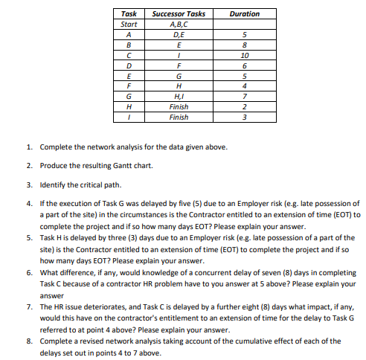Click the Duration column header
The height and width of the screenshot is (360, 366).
pyautogui.click(x=245, y=13)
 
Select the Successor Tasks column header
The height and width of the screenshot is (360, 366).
pyautogui.click(x=179, y=13)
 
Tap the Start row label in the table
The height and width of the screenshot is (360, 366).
pyautogui.click(x=129, y=24)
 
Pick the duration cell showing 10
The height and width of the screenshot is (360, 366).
pyautogui.click(x=245, y=54)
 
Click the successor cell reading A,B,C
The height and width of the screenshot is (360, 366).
pyautogui.click(x=179, y=24)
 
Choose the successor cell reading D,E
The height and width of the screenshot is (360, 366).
pyautogui.click(x=179, y=33)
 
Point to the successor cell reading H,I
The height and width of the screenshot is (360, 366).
pyautogui.click(x=179, y=96)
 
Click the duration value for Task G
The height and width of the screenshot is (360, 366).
pyautogui.click(x=245, y=96)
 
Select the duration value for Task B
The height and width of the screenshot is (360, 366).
pyautogui.click(x=245, y=44)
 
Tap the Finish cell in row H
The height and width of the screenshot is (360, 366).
pyautogui.click(x=179, y=106)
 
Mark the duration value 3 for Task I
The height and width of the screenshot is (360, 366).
pyautogui.click(x=245, y=117)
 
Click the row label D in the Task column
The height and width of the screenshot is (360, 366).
pyautogui.click(x=129, y=65)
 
